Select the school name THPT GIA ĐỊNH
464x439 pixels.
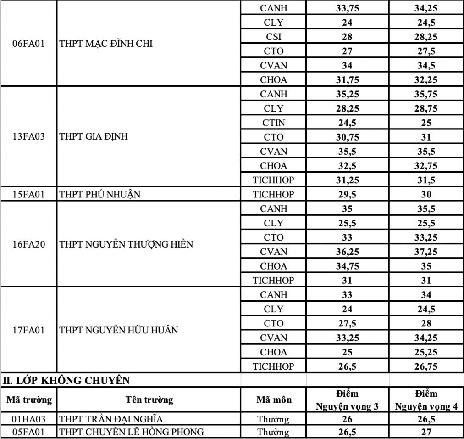[90, 137]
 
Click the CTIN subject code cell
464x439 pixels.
[274, 123]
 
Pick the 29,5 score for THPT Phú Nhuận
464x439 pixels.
[347, 194]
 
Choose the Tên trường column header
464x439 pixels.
[149, 400]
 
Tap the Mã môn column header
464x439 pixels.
[274, 400]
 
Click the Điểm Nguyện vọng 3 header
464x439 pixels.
[347, 400]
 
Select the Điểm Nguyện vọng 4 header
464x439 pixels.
[426, 400]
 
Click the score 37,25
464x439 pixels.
[426, 252]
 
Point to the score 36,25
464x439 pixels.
[347, 252]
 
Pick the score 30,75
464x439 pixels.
[347, 137]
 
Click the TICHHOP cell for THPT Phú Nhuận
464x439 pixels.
[274, 194]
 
